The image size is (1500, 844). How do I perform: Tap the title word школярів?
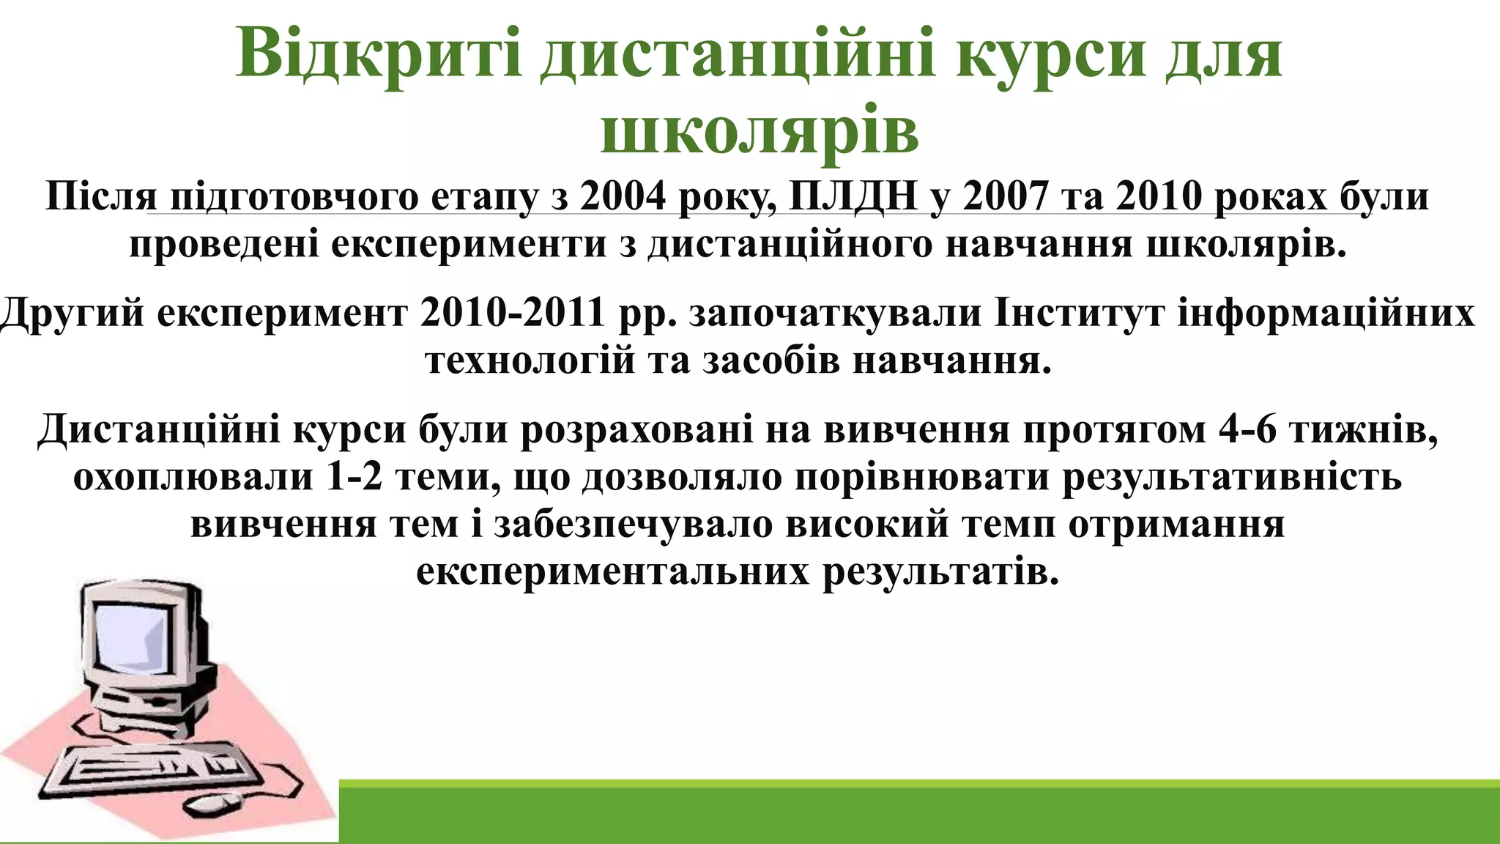(x=760, y=133)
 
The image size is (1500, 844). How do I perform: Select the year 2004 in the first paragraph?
(x=623, y=196)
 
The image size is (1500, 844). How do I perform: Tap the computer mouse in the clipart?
(x=212, y=804)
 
